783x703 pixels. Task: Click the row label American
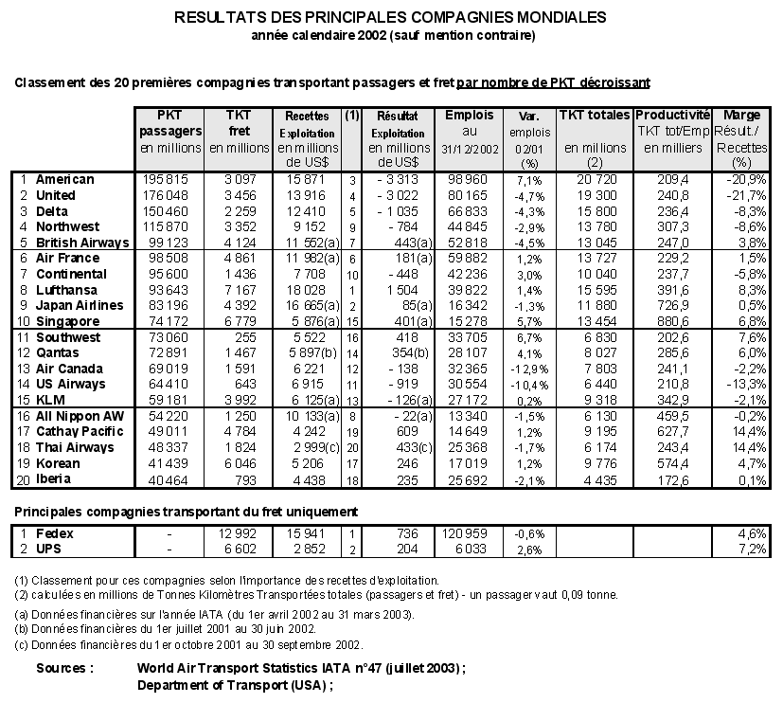pyautogui.click(x=64, y=179)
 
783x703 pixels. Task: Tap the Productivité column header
pyautogui.click(x=672, y=115)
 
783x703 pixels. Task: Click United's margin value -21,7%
pyautogui.click(x=742, y=195)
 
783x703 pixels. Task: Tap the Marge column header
pyautogui.click(x=741, y=115)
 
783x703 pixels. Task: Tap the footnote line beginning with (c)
pyautogui.click(x=188, y=644)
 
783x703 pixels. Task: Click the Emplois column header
pyautogui.click(x=469, y=115)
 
